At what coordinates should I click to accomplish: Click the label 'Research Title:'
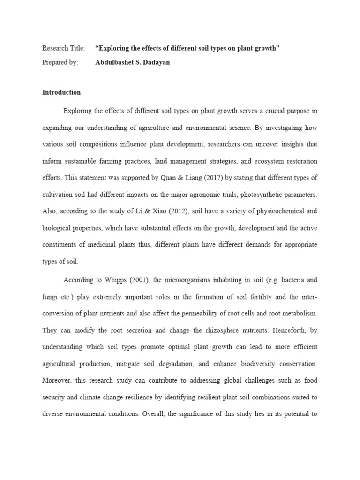click(x=64, y=48)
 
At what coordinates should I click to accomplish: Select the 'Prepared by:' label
click(x=60, y=62)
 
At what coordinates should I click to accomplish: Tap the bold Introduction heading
click(x=61, y=92)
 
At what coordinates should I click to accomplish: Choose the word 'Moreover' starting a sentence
click(x=57, y=380)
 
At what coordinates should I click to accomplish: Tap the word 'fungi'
click(x=50, y=297)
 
